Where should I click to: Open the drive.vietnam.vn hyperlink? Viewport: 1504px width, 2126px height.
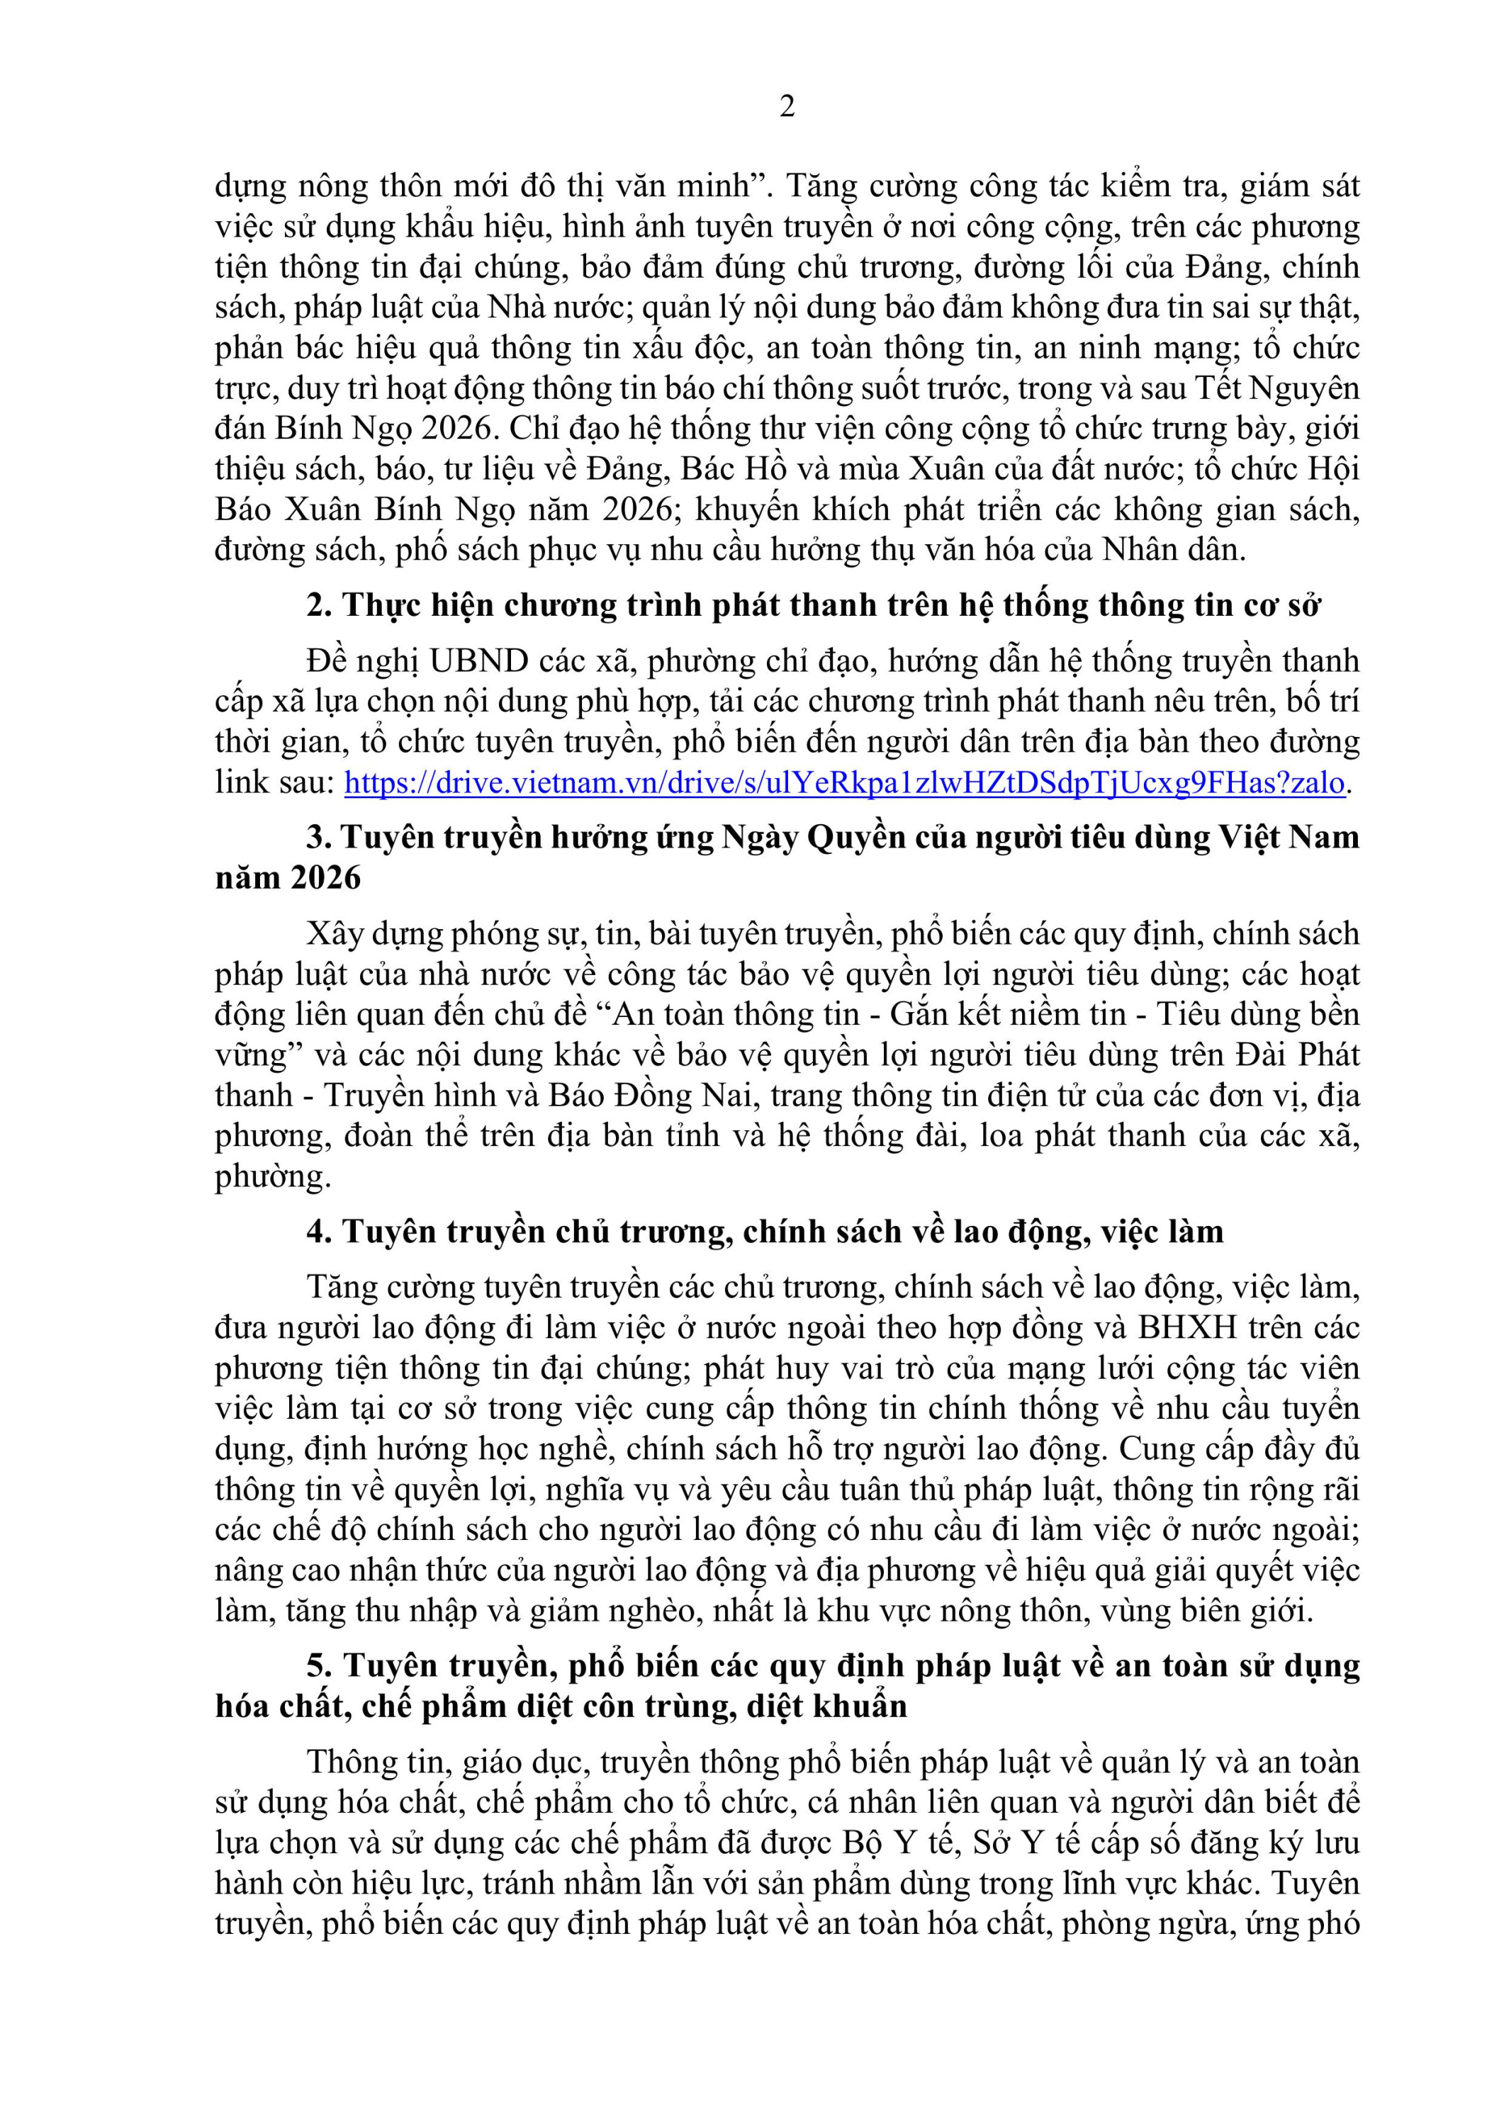click(843, 783)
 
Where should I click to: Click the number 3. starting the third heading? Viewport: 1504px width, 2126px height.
click(318, 837)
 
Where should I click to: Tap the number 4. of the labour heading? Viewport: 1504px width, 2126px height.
click(318, 1232)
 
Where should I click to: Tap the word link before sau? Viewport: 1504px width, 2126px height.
click(242, 783)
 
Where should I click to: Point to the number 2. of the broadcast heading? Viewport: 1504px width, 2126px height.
click(318, 606)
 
